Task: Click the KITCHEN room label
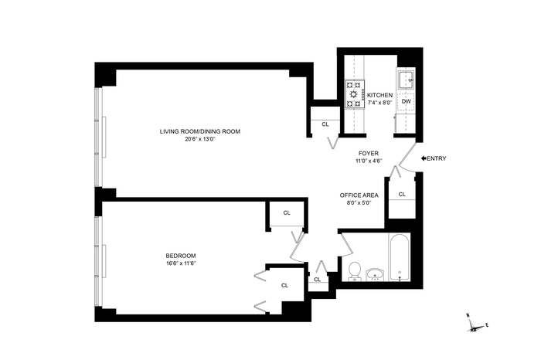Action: [379, 95]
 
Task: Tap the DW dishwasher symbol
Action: [407, 101]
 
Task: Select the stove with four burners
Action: [355, 93]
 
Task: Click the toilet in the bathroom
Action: [355, 271]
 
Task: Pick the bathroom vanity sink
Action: [376, 275]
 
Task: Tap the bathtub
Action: [400, 257]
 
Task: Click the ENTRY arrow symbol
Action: [424, 158]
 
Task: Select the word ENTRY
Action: [437, 158]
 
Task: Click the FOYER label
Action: [369, 154]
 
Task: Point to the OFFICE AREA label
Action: [359, 195]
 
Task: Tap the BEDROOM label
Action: [181, 256]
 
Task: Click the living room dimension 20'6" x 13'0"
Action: [200, 139]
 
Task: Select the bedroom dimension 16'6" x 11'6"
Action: [181, 263]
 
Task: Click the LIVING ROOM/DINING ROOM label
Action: [199, 131]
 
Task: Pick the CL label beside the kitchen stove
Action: [325, 124]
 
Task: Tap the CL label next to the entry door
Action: [402, 195]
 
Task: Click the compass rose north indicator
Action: [468, 315]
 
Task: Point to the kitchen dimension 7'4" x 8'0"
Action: [379, 103]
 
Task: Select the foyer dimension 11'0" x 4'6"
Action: [369, 161]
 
